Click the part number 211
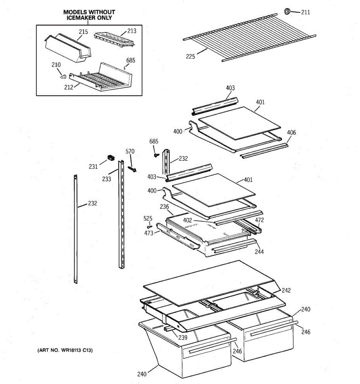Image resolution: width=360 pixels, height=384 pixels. coord(306,12)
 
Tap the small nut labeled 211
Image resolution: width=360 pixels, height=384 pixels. coord(287,12)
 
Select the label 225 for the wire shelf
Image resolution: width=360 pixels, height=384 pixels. coord(190,57)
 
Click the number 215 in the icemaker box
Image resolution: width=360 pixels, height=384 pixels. coord(84,32)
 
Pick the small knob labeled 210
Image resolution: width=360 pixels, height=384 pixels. coord(63,76)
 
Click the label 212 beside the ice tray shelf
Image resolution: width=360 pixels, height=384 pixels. coord(68,87)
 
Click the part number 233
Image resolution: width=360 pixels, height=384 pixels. coord(107,179)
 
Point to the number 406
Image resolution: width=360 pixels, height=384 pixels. coord(292,132)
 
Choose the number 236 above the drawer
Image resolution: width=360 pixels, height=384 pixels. coord(164,207)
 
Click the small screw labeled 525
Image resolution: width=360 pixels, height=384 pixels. coord(149,227)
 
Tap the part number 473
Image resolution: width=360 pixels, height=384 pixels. coord(149,233)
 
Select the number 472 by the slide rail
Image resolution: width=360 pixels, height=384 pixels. coord(260,220)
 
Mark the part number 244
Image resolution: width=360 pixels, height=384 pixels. coord(259,252)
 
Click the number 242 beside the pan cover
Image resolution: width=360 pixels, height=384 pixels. coord(286,290)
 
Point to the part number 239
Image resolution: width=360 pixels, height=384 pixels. coord(183,337)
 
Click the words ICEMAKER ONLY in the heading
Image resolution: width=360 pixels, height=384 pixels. coord(89,18)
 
